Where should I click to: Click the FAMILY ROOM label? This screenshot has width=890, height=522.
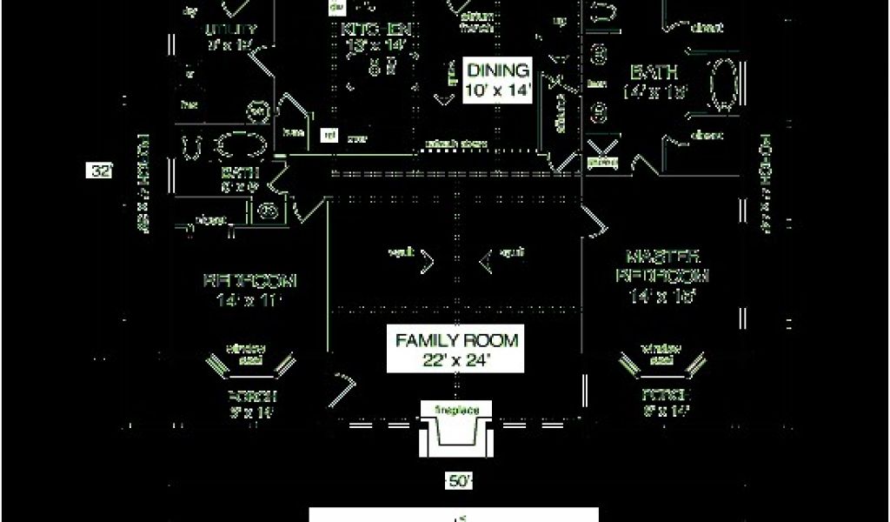point(456,348)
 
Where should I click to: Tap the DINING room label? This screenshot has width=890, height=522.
point(497,80)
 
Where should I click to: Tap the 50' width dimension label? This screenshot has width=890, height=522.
point(460,480)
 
